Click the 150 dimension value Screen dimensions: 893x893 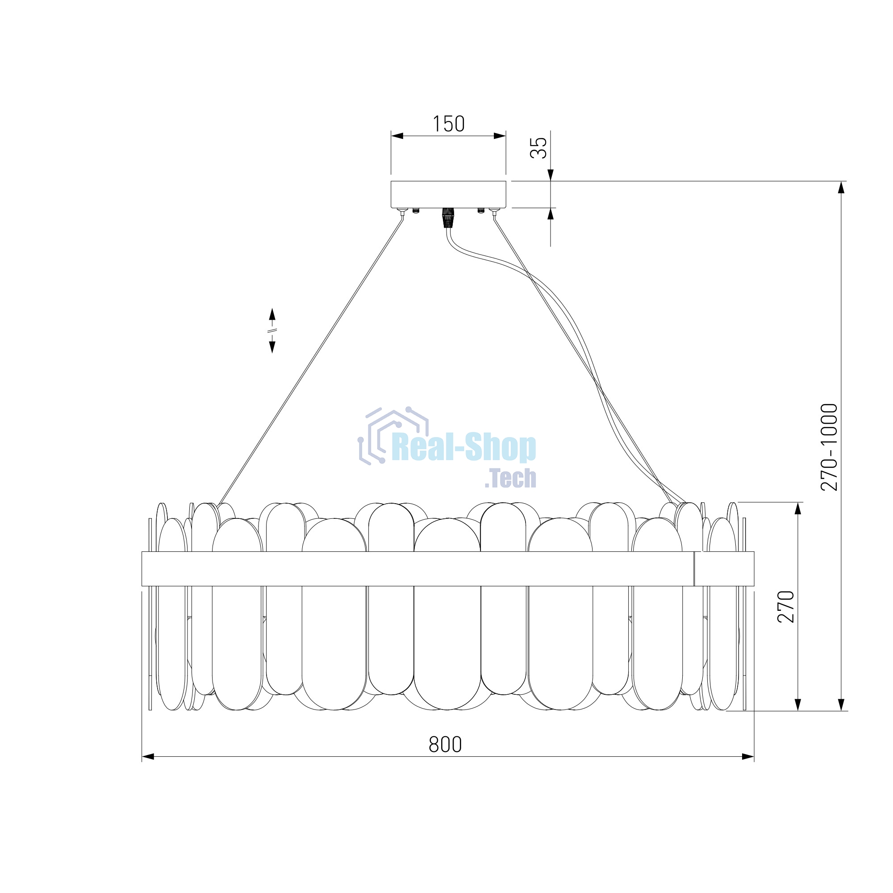tap(448, 124)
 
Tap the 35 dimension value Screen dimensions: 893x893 tap(538, 148)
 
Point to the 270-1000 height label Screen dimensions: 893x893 tap(829, 447)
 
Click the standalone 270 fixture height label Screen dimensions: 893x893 tap(786, 606)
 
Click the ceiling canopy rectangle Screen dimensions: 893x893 tap(448, 195)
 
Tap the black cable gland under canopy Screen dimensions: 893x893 tap(447, 218)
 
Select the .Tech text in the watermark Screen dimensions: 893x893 tap(510, 478)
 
